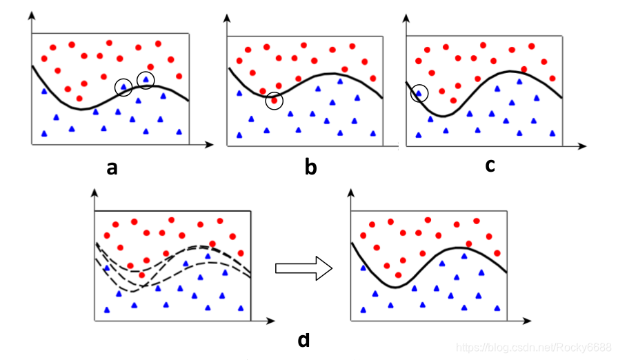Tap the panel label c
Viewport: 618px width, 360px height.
pos(490,166)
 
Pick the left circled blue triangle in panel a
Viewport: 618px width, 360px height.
pos(124,87)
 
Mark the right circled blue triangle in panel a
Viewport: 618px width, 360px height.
pos(146,80)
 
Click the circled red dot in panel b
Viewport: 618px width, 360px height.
pos(275,101)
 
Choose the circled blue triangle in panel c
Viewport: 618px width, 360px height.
pos(419,93)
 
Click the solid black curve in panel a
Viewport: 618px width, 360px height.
pos(83,109)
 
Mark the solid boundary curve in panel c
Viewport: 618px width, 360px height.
pos(483,83)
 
